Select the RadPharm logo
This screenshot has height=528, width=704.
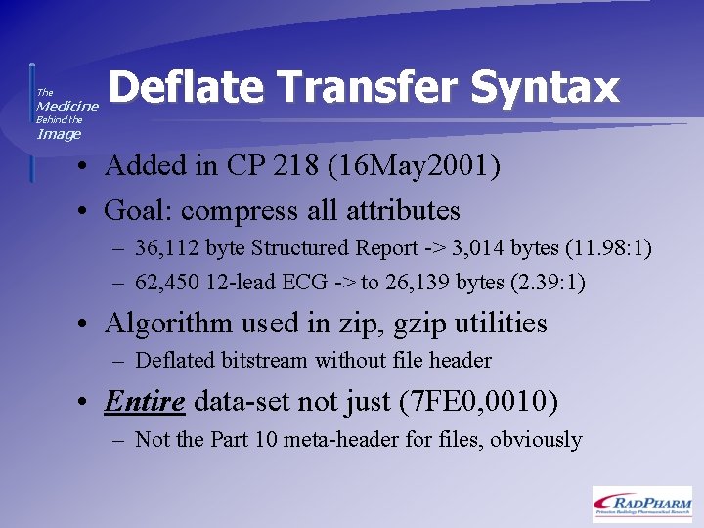(641, 503)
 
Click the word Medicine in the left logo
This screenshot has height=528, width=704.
(67, 106)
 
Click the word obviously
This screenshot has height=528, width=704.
(536, 439)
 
